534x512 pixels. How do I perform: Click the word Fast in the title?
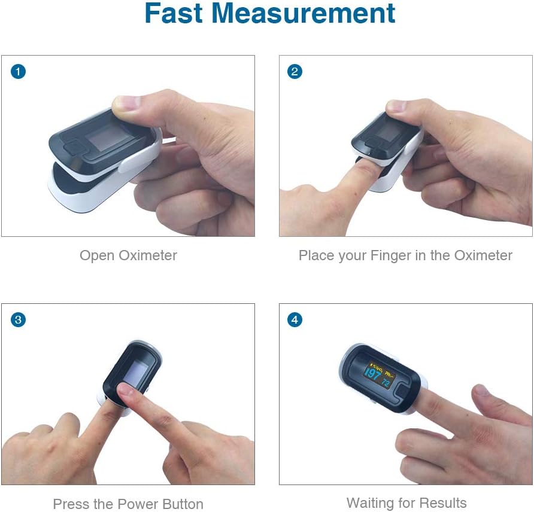coord(174,13)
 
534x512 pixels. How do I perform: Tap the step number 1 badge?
coord(18,72)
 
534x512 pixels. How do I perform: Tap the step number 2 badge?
coord(295,72)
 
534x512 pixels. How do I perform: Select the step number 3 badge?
coord(18,320)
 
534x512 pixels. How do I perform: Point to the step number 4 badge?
coord(295,320)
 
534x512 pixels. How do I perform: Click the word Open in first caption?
coord(98,256)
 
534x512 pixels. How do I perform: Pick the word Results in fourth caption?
coord(442,504)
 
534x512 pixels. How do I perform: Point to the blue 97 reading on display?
coord(372,376)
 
